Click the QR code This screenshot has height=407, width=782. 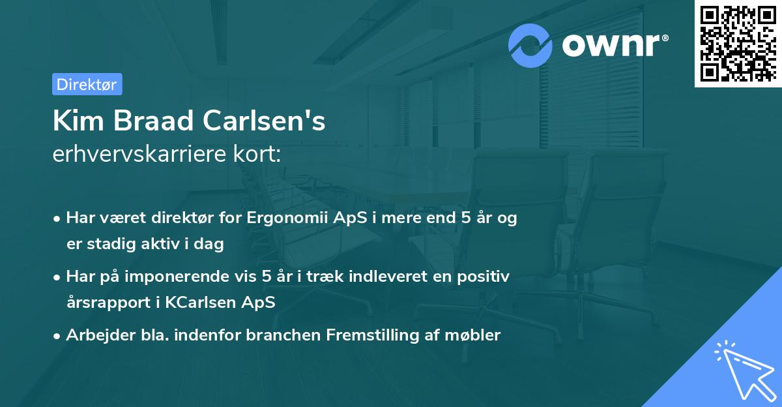point(738,43)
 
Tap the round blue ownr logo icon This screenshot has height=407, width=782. point(530,46)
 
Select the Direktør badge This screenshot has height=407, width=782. point(87,84)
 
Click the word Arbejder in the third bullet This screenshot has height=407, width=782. point(95,335)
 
